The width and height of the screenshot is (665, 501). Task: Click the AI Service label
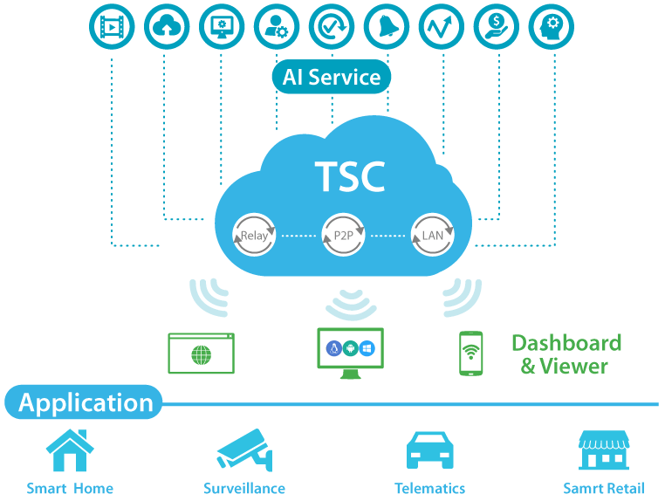332,77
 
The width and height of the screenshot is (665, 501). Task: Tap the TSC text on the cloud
349,176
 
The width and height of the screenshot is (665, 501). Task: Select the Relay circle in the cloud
254,235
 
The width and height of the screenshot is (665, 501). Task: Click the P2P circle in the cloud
344,235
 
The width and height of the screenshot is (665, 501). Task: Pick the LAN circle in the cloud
433,235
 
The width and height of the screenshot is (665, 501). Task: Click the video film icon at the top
112,27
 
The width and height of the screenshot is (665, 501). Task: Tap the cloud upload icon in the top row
167,27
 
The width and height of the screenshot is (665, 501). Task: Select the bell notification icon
387,27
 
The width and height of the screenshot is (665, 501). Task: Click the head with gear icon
552,27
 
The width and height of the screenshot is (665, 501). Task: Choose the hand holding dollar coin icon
497,27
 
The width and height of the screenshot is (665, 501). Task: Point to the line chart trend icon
442,27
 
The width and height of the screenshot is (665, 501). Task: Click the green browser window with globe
202,353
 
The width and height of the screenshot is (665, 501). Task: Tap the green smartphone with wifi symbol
472,353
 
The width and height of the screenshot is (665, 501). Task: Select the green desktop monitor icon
349,353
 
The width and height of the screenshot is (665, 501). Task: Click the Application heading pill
85,402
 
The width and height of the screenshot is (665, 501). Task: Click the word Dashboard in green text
566,342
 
